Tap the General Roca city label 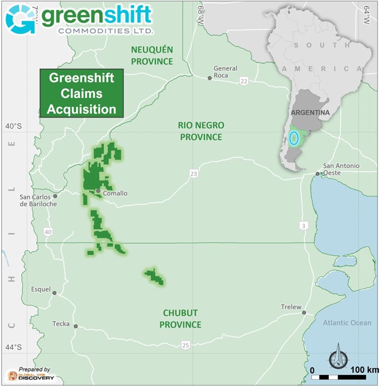tap(225, 72)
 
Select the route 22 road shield tap(244, 81)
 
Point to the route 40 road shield tap(48, 232)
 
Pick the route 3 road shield tap(303, 225)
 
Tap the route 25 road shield tap(185, 345)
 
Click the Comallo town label tap(115, 194)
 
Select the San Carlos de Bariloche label tap(38, 200)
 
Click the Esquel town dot tap(55, 293)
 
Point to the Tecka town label tap(60, 324)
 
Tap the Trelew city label tap(291, 307)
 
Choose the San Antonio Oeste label tap(341, 169)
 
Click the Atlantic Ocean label tap(347, 323)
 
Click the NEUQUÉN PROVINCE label tap(152, 56)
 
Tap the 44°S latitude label tap(13, 347)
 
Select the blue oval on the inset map tap(294, 138)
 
